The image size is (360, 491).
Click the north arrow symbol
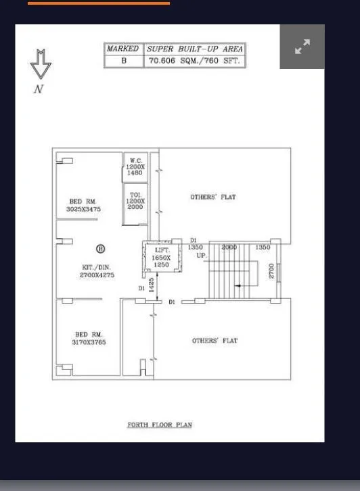click(41, 66)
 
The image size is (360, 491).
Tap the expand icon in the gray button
click(302, 47)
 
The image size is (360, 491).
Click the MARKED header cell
click(122, 49)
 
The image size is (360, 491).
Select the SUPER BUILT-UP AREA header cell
click(194, 49)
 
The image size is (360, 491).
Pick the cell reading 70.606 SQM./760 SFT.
click(194, 61)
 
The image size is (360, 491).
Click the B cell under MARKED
click(123, 61)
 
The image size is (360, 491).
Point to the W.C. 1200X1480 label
click(135, 167)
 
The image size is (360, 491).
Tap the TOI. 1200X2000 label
click(135, 201)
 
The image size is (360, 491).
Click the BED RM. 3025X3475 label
click(83, 205)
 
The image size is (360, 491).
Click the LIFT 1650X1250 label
click(161, 258)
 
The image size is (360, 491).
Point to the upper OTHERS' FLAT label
click(213, 197)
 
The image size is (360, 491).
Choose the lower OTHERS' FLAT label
click(215, 340)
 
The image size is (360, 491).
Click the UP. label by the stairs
click(201, 256)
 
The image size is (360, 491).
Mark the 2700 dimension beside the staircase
click(271, 271)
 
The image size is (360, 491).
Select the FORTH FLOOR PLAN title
click(160, 425)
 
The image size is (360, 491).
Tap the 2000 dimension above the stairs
click(229, 248)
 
